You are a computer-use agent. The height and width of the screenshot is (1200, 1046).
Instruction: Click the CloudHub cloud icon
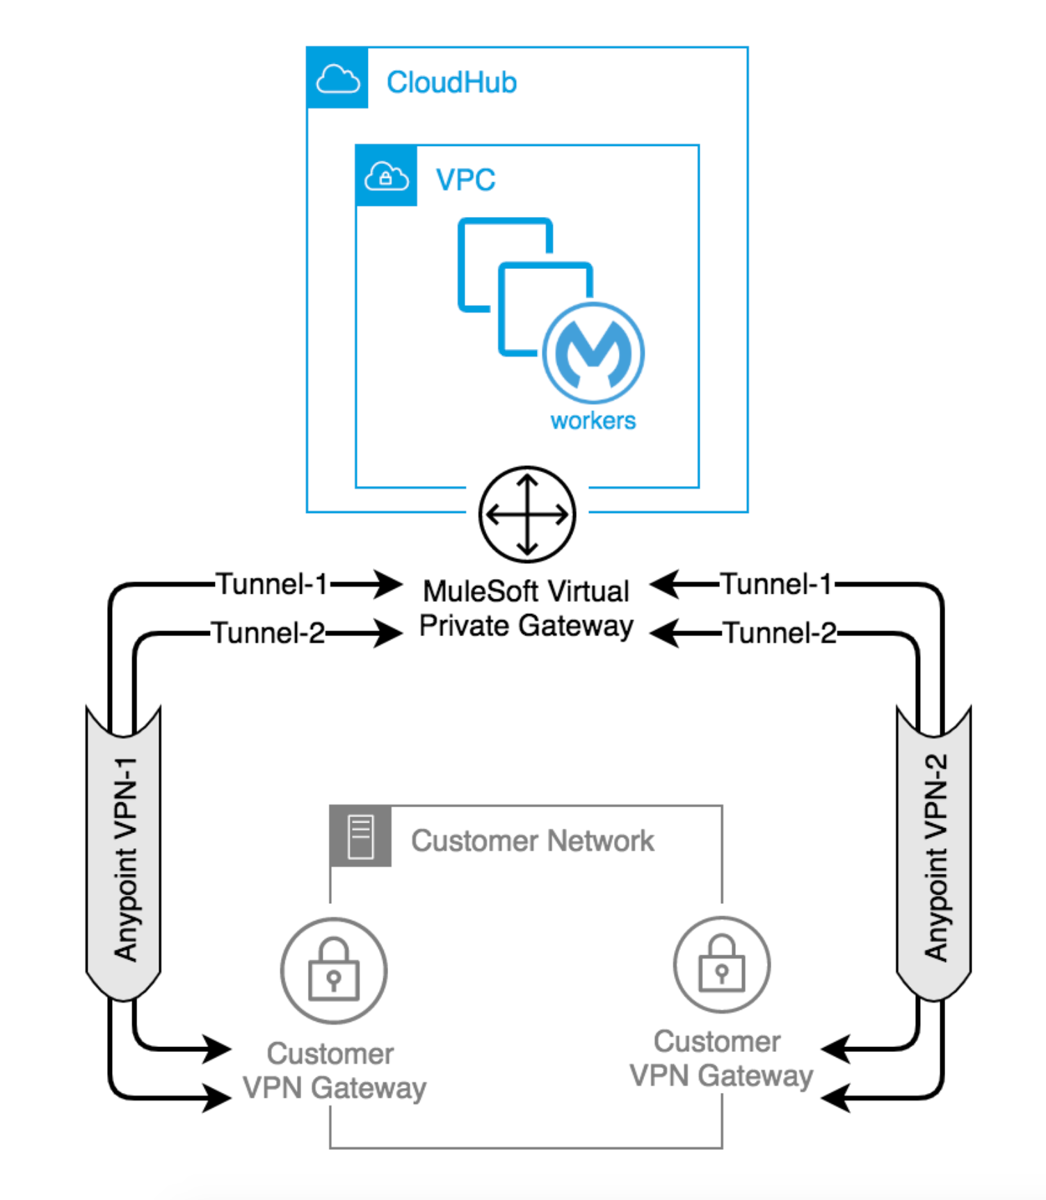[x=337, y=78]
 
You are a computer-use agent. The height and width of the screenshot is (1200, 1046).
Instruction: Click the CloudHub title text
[x=451, y=83]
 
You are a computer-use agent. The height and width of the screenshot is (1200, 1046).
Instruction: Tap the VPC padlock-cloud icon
[x=386, y=176]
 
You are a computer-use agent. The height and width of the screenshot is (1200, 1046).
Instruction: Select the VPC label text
[x=465, y=180]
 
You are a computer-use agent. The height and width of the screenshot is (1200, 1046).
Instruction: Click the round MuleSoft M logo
[x=593, y=352]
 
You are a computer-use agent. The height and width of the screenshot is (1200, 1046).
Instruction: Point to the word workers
[x=593, y=421]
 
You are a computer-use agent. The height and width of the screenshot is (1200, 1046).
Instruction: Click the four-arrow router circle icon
[x=527, y=514]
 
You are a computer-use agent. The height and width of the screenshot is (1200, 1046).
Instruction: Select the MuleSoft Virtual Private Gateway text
[x=526, y=608]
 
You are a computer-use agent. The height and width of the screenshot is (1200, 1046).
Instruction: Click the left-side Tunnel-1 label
[x=271, y=584]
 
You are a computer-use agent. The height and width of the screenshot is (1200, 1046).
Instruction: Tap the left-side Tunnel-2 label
[x=268, y=633]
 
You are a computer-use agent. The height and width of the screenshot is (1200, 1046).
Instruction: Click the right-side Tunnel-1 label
[x=776, y=584]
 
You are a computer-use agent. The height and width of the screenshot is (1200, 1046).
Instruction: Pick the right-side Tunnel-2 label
[x=780, y=633]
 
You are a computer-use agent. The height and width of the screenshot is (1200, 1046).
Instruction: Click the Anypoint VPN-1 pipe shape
[x=124, y=855]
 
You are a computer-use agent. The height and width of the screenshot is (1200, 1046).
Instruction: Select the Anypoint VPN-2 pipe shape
[x=934, y=855]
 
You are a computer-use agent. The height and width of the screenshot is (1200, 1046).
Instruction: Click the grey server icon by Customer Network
[x=360, y=836]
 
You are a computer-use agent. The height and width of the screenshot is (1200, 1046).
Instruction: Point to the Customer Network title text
[x=532, y=841]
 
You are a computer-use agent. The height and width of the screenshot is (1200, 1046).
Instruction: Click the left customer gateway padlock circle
[x=334, y=970]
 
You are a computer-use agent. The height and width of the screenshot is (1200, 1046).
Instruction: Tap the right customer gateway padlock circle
[x=721, y=964]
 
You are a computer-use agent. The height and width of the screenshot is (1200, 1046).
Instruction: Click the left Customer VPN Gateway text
[x=334, y=1071]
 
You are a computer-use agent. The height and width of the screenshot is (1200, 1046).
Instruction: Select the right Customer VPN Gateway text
[x=721, y=1059]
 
